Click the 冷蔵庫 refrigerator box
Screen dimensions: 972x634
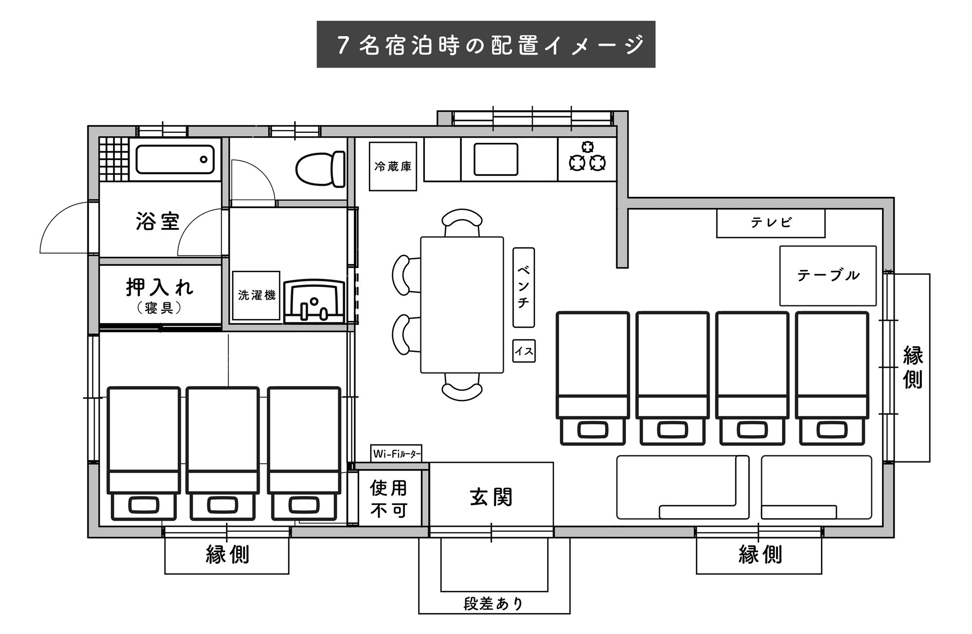pos(393,166)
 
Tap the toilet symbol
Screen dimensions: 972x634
pos(321,169)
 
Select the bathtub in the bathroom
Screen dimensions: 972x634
pos(175,159)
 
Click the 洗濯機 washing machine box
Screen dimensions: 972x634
pos(256,296)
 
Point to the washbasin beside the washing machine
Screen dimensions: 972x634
pos(314,301)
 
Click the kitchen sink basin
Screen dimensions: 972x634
pos(496,159)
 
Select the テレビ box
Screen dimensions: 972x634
pos(771,223)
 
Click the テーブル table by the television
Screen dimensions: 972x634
pos(828,276)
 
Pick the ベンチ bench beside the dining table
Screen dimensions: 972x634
pos(523,287)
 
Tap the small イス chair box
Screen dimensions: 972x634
pos(524,351)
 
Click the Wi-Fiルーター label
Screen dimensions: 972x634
pos(396,454)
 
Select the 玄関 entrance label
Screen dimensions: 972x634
pos(491,497)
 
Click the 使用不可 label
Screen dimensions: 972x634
pos(389,499)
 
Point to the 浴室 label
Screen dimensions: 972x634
pos(158,221)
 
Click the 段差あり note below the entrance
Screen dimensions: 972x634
pos(493,604)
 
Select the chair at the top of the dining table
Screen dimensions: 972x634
pos(462,223)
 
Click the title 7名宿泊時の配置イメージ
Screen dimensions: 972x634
pos(490,45)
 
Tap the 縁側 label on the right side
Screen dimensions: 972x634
pos(913,368)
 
